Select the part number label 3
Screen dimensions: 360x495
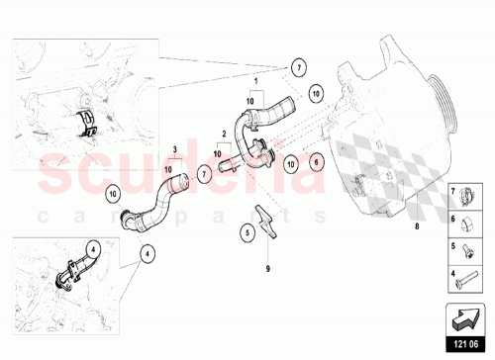(x=174, y=151)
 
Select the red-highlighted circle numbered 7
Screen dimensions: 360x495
(x=202, y=173)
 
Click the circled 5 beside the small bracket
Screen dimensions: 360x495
(x=247, y=233)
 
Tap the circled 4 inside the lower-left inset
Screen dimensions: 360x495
(x=91, y=248)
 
